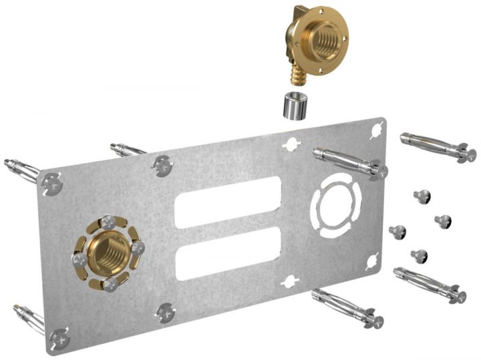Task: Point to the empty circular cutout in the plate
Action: pyautogui.click(x=337, y=204)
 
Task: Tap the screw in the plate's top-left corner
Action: pyautogui.click(x=51, y=182)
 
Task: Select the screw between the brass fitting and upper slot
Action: pyautogui.click(x=162, y=164)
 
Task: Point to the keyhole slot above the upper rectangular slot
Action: pyautogui.click(x=291, y=143)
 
